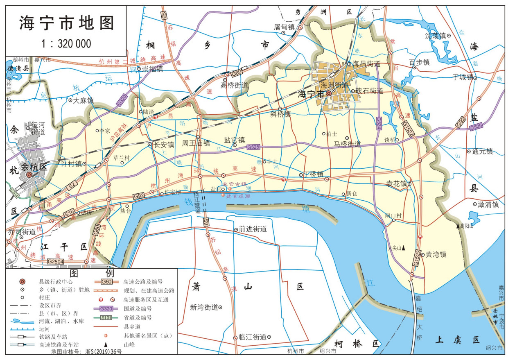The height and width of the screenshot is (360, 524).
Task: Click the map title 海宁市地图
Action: click(66, 23)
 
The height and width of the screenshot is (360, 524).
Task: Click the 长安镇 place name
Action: click(163, 145)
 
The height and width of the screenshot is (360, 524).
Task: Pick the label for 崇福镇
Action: click(152, 69)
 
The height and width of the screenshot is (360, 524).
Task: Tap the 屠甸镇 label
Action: click(284, 27)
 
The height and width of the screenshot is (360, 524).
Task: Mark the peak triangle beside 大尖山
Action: click(404, 247)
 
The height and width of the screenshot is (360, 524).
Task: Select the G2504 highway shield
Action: click(56, 261)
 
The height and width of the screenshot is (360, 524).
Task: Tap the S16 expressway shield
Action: click(69, 213)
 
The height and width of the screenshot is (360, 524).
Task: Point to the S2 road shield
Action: click(72, 186)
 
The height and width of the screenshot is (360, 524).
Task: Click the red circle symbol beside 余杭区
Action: click(29, 175)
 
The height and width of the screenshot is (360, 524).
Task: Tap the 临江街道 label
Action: click(252, 337)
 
